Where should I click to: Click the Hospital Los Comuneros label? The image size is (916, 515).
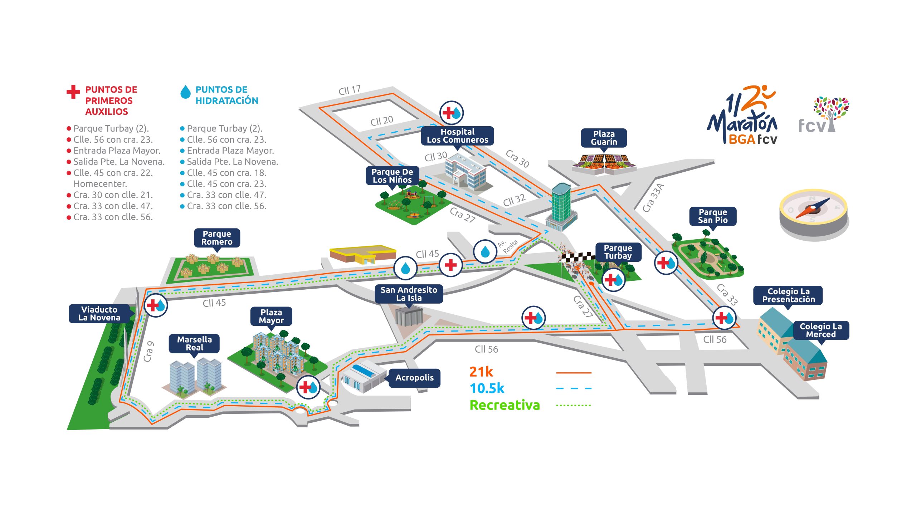(457, 136)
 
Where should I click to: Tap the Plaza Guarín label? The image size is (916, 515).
(604, 138)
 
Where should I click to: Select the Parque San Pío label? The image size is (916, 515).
(712, 216)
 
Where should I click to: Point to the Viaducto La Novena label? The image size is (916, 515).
(99, 314)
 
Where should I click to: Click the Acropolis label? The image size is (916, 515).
(414, 378)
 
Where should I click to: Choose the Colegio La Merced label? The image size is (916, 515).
(820, 330)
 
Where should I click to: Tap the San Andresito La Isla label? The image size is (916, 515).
(409, 294)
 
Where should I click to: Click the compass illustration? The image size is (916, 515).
(813, 213)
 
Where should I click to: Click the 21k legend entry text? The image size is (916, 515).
(481, 372)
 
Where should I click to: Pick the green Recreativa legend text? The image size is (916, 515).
(505, 405)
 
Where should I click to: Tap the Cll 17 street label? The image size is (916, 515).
(350, 90)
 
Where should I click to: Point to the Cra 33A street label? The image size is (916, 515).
(653, 198)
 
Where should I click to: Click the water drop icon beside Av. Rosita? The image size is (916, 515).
(485, 251)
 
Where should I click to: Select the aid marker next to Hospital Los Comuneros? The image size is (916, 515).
(452, 113)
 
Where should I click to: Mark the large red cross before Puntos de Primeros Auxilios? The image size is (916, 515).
(73, 92)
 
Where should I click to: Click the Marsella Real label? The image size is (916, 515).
(194, 343)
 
